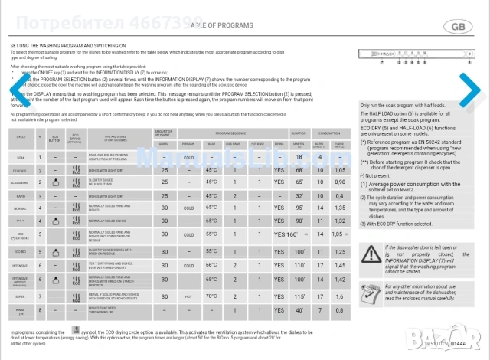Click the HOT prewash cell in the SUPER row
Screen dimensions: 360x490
pos(188,295)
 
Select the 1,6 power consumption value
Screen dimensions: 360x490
pos(338,295)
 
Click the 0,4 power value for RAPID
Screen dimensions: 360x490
pos(338,196)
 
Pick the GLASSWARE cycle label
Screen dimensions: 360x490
pos(20,182)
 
